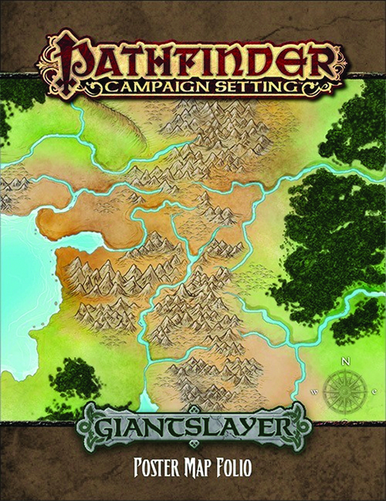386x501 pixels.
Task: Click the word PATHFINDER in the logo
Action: (x=190, y=61)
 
